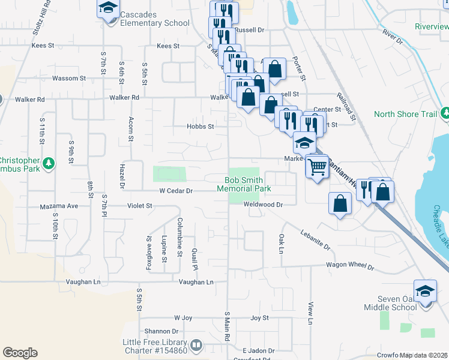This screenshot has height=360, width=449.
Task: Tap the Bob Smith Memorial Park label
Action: [x=248, y=184]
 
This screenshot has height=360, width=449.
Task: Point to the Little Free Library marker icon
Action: [x=196, y=346]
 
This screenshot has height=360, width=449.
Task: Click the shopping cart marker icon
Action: [x=317, y=166]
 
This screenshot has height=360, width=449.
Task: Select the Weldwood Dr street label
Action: [x=262, y=205]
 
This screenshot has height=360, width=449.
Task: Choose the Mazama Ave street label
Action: [x=59, y=206]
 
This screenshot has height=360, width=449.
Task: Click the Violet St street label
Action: [x=140, y=206]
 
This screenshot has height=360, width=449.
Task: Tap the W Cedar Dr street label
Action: [x=175, y=191]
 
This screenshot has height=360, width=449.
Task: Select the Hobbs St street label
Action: [x=200, y=127]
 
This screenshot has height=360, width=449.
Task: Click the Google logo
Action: [x=20, y=353]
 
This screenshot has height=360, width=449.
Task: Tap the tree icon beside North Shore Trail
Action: [x=445, y=113]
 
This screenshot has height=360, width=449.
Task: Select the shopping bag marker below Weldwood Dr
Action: [x=340, y=203]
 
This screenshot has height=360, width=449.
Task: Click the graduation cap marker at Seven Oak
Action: [x=425, y=290]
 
